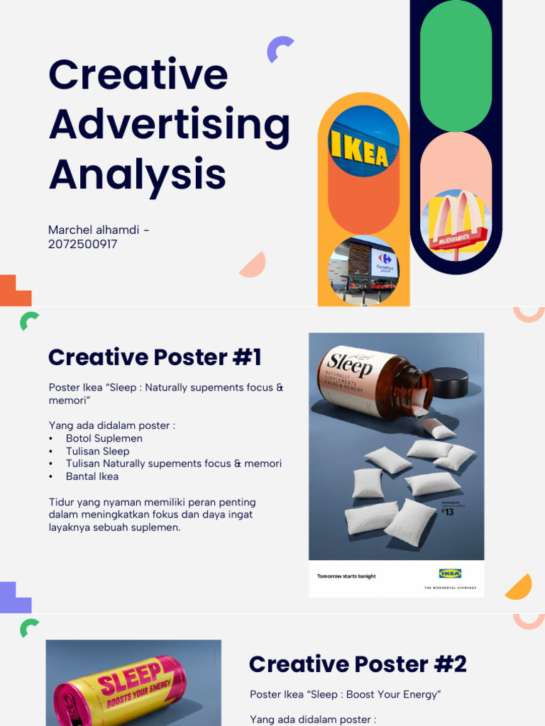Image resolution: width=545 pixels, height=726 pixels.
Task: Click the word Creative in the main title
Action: pyautogui.click(x=138, y=74)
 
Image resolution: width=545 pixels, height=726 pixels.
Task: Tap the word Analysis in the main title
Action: pyautogui.click(x=137, y=174)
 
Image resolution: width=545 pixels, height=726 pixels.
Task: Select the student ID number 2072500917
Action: pyautogui.click(x=82, y=244)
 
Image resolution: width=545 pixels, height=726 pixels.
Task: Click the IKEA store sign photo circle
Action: pyautogui.click(x=363, y=141)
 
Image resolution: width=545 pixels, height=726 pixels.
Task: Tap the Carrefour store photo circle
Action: pyautogui.click(x=363, y=270)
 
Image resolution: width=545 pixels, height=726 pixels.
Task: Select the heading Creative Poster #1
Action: pyautogui.click(x=155, y=357)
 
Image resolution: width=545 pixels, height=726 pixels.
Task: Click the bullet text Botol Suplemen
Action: pyautogui.click(x=104, y=438)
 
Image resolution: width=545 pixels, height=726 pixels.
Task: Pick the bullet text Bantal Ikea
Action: pyautogui.click(x=92, y=476)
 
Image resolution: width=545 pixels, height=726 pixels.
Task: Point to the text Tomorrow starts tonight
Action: pyautogui.click(x=346, y=576)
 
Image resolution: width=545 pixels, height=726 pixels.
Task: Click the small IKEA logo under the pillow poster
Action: pyautogui.click(x=450, y=574)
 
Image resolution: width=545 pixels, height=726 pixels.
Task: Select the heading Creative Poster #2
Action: pyautogui.click(x=358, y=664)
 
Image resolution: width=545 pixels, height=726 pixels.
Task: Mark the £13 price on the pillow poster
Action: pyautogui.click(x=448, y=511)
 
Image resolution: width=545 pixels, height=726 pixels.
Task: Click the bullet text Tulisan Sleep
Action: pyautogui.click(x=98, y=451)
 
